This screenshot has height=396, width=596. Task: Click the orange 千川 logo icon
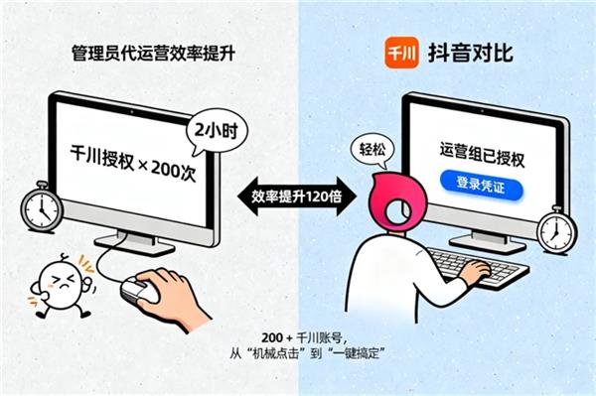coord(401,53)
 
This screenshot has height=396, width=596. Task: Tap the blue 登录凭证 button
coord(481,186)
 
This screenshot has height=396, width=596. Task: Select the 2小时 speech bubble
coord(216,131)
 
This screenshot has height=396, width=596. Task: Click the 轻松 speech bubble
coord(372,150)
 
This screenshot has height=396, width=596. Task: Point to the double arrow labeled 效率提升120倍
coord(297,197)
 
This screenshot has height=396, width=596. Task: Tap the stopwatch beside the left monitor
coord(42,206)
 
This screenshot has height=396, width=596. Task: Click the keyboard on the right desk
coord(480,267)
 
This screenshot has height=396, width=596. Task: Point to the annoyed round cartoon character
coord(61,285)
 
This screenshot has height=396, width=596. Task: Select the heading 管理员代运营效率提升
coord(154,54)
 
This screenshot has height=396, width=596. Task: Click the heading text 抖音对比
coord(471,53)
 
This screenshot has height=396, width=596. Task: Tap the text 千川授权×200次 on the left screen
coord(133,163)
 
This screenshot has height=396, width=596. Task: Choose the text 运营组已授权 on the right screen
coord(483,155)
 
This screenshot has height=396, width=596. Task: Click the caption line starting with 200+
coord(304,337)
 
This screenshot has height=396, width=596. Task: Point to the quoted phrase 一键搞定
coord(357,354)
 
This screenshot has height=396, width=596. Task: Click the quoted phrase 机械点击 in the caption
coord(275,354)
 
